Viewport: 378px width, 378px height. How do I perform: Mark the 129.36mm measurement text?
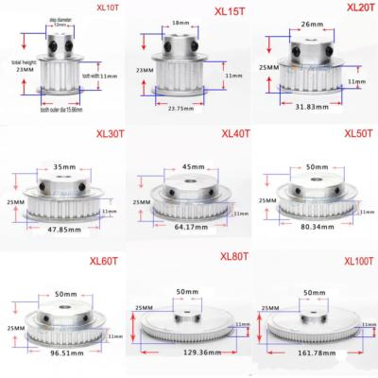point(194,352)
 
